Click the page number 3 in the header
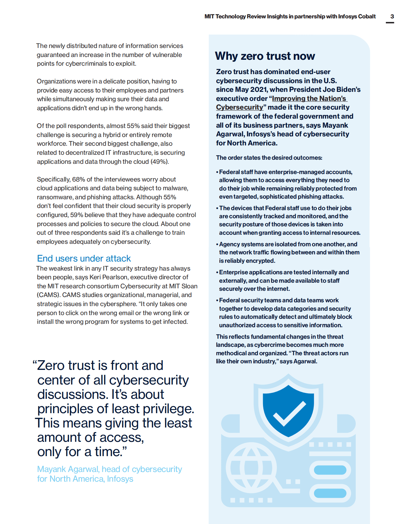pos(392,17)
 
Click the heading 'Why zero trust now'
pos(265,56)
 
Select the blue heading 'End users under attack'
pos(84,258)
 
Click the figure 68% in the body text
pos(78,179)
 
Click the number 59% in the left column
pos(76,215)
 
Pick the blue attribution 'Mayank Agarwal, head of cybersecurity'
pos(109,469)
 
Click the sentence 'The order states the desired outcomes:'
pos(269,158)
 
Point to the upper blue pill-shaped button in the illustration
pos(330,470)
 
